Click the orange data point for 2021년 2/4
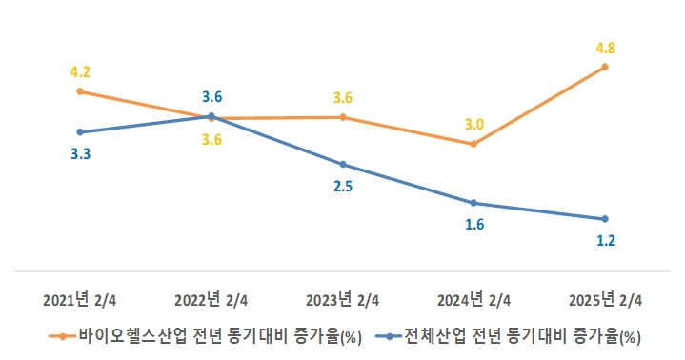tap(80, 91)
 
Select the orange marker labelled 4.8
tap(605, 67)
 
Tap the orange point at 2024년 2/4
tap(473, 144)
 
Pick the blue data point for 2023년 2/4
tap(343, 164)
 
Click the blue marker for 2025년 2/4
tap(605, 219)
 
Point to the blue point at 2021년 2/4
tap(80, 131)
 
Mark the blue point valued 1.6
tap(473, 203)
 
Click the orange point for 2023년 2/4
tap(343, 117)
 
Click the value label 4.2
tap(80, 70)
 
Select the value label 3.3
tap(80, 153)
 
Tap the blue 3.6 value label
tap(212, 96)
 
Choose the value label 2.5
tap(343, 187)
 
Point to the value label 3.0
tap(473, 124)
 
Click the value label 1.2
tap(605, 241)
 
